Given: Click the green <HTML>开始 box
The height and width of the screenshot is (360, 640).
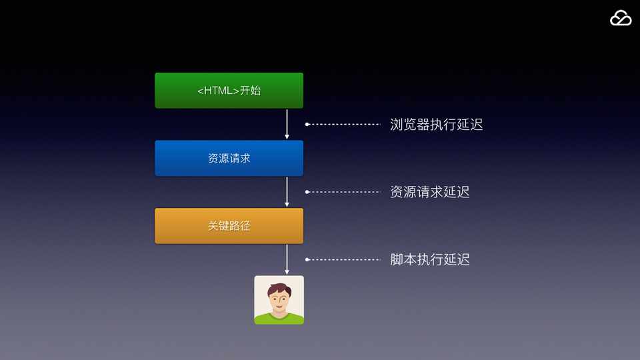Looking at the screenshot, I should [x=229, y=90].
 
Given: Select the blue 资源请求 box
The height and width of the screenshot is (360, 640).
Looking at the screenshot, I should [x=229, y=158].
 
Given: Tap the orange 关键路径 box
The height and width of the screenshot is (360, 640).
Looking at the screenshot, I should [x=229, y=226].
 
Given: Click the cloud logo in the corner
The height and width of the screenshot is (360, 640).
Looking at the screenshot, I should [x=620, y=19].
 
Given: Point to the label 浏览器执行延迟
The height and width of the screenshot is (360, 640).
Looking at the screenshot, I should [x=436, y=125].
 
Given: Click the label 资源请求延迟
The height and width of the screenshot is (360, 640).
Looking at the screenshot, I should [x=429, y=192].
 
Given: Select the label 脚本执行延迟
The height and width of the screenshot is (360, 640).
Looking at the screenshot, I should [x=429, y=259].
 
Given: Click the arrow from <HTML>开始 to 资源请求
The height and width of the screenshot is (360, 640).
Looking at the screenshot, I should [x=287, y=124].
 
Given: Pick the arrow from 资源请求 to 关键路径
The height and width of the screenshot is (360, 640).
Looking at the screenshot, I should [x=287, y=192].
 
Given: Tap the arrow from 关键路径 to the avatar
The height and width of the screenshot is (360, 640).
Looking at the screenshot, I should [x=287, y=259].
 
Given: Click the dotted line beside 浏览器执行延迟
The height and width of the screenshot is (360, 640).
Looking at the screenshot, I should [x=343, y=124].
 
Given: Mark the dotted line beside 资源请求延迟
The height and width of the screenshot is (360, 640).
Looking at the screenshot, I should [x=343, y=192].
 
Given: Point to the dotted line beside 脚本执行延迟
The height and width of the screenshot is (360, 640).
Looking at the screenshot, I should [x=343, y=259].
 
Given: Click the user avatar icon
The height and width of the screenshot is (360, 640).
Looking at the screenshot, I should [x=279, y=300].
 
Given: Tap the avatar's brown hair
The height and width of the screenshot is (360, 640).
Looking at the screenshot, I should [x=279, y=288].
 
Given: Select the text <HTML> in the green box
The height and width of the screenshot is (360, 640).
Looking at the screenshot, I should [x=218, y=91].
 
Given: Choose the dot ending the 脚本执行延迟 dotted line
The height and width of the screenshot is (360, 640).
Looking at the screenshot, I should [x=307, y=259].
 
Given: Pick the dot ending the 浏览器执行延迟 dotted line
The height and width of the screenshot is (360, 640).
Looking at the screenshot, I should [x=307, y=124].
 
